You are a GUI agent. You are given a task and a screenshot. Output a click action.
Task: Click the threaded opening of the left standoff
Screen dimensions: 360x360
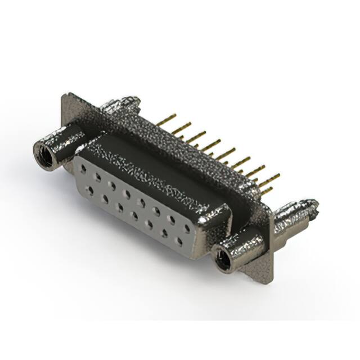pyautogui.click(x=44, y=154)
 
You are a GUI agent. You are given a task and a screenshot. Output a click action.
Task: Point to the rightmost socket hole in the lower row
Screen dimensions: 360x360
pyautogui.click(x=180, y=242)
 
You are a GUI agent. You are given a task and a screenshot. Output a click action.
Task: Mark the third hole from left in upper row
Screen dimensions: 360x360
pyautogui.click(x=112, y=184)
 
